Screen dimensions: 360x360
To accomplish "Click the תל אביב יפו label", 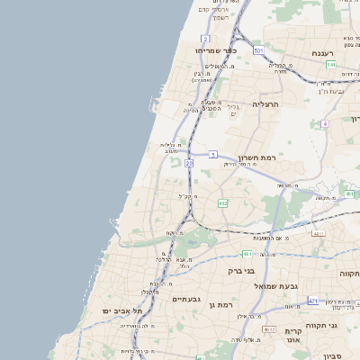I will click(118, 310).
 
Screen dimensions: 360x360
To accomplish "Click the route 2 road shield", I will click(205, 39).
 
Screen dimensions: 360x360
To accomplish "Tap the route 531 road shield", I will click(258, 50).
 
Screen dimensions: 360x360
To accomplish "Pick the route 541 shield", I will click(331, 65).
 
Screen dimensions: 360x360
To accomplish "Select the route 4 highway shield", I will click(325, 123).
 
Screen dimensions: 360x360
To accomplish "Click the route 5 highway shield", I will click(213, 155).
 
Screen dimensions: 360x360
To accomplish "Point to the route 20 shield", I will click(189, 164).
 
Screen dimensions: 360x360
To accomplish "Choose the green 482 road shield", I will click(222, 203).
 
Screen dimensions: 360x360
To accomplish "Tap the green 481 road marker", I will click(246, 254).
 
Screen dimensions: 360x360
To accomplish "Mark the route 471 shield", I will click(312, 301).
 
